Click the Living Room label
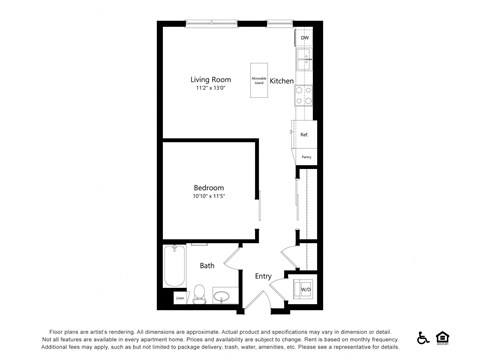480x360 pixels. pyautogui.click(x=210, y=79)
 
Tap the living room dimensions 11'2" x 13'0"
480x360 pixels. pyautogui.click(x=210, y=89)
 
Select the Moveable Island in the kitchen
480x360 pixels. pyautogui.click(x=258, y=79)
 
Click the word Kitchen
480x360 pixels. pyautogui.click(x=281, y=79)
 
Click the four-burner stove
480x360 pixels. pyautogui.click(x=304, y=96)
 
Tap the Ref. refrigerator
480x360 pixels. pyautogui.click(x=304, y=134)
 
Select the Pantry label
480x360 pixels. pyautogui.click(x=306, y=157)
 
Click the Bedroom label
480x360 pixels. pyautogui.click(x=208, y=188)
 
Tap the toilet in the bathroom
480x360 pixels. pyautogui.click(x=198, y=294)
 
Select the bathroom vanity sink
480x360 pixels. pyautogui.click(x=221, y=294)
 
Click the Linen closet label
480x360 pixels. pyautogui.click(x=179, y=297)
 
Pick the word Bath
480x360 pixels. pyautogui.click(x=207, y=266)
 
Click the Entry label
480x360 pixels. pyautogui.click(x=263, y=277)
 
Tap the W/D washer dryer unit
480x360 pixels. pyautogui.click(x=304, y=290)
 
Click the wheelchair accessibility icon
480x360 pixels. pyautogui.click(x=423, y=338)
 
